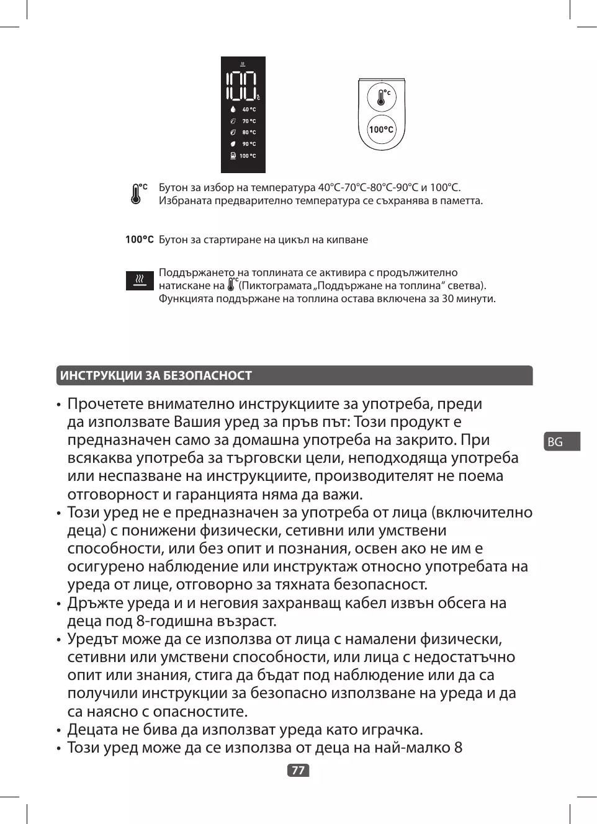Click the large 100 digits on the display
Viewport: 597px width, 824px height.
[x=242, y=86]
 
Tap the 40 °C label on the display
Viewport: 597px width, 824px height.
[x=249, y=110]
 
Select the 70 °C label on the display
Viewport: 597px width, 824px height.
[x=249, y=121]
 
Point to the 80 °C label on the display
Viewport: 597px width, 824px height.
[x=249, y=132]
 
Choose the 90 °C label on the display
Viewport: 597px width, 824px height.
[x=249, y=144]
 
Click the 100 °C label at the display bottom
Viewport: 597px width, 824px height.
[x=248, y=156]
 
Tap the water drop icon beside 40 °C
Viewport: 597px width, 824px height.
[x=233, y=110]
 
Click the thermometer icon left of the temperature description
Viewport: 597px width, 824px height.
[x=137, y=194]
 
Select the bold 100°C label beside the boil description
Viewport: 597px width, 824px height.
[x=139, y=240]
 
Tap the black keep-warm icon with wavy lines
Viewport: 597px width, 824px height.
[x=140, y=280]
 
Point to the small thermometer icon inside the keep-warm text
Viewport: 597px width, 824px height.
[x=232, y=285]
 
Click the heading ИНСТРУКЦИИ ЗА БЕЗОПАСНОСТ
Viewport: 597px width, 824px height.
[x=156, y=375]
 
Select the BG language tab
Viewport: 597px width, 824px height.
[x=556, y=441]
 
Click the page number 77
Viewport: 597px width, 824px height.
[x=298, y=770]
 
